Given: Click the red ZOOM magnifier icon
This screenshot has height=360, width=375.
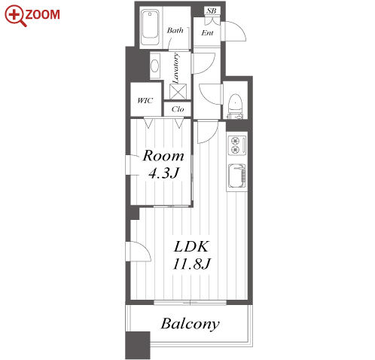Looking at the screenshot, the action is click(x=14, y=15).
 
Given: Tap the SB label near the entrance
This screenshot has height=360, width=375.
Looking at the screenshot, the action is click(x=212, y=11).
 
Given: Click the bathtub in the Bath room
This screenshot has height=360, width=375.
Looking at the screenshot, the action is click(x=150, y=27).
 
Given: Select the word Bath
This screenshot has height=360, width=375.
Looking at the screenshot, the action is click(x=175, y=31).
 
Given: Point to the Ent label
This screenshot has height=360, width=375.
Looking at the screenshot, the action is click(x=207, y=33).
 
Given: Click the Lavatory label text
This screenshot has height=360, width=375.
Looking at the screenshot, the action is click(x=176, y=68).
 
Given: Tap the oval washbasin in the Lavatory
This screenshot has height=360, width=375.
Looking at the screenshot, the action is click(x=154, y=66).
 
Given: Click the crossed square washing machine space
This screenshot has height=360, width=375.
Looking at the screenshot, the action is click(x=178, y=92).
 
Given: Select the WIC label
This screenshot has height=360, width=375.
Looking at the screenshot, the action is click(x=145, y=101).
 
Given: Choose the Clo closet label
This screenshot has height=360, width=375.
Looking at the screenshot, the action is click(x=178, y=109).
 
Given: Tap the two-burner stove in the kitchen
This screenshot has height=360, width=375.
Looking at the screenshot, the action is click(x=236, y=145).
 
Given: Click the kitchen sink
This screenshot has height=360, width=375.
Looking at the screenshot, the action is click(x=236, y=175).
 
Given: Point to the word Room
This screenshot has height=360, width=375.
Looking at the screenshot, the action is click(x=163, y=156).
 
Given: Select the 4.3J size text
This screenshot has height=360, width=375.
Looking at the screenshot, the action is click(x=163, y=173).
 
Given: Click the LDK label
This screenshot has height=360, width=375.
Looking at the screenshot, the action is click(x=191, y=246).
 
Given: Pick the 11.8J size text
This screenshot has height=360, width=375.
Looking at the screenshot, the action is click(x=192, y=264).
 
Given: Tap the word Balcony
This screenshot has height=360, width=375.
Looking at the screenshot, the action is click(x=190, y=324).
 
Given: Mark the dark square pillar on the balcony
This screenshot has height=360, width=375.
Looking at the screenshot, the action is click(x=138, y=346).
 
